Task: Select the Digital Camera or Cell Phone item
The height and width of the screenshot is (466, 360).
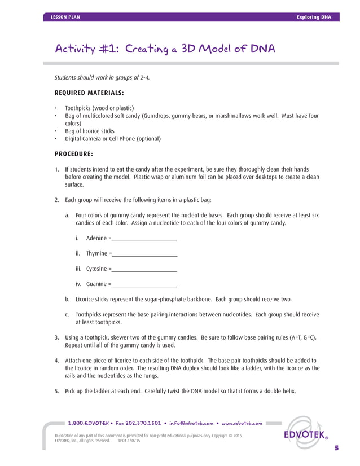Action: [x=113, y=139]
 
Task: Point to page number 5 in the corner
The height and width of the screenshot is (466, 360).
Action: [x=336, y=448]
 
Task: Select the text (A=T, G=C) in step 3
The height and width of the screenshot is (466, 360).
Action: [x=297, y=337]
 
